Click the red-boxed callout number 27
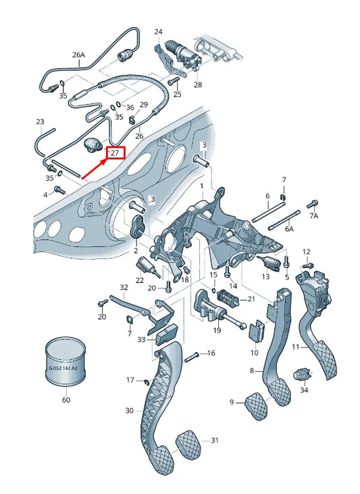coord(115,153)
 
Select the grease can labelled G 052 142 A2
coord(66,364)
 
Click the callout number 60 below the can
coord(66,400)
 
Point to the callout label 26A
coord(79,55)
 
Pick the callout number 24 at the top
coord(158,32)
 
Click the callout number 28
coord(198,85)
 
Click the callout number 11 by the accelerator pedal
coord(295,347)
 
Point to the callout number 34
coord(304,390)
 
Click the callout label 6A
coord(289,229)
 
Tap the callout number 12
coord(306,252)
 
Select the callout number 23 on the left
coord(40,122)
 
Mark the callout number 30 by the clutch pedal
coord(130,410)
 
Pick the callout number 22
coord(140,281)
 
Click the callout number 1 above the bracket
coord(201,184)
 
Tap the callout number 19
coord(217,330)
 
